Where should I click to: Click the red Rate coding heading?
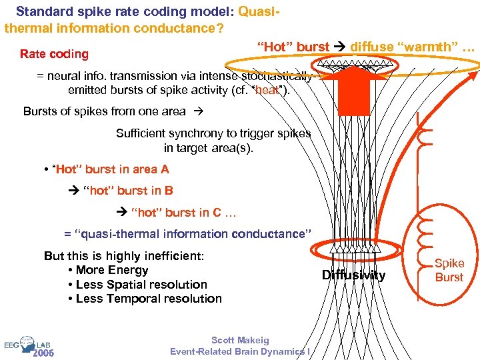tap(54, 54)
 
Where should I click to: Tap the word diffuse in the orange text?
tap(373, 47)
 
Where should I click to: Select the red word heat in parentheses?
tap(267, 90)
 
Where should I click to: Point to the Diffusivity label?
tap(353, 275)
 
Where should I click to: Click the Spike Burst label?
tap(449, 270)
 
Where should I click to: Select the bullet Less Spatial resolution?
tap(141, 284)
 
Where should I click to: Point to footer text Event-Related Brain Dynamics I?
tap(240, 351)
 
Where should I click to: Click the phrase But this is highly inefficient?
tap(123, 256)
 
